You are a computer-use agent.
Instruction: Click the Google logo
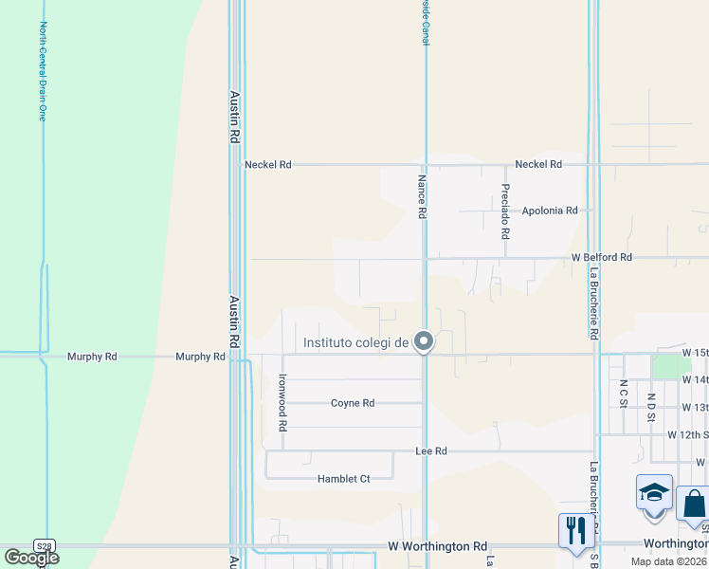click(x=31, y=558)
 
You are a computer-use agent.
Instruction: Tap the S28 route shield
click(x=44, y=546)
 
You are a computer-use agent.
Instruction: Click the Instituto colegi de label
click(x=355, y=342)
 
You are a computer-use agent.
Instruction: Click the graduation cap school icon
click(x=654, y=494)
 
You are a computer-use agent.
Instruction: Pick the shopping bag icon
click(x=694, y=503)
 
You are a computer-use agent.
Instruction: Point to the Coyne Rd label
click(x=353, y=403)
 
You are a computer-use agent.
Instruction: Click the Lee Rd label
click(x=431, y=451)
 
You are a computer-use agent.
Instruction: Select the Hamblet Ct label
click(x=343, y=479)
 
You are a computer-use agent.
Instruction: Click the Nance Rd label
click(x=420, y=196)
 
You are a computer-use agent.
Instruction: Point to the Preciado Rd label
click(x=506, y=210)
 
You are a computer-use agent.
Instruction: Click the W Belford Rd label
click(x=601, y=257)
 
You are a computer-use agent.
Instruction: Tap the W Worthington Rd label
click(x=437, y=547)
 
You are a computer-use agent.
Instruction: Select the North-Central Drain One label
click(x=43, y=71)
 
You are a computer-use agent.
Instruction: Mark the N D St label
click(x=651, y=407)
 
